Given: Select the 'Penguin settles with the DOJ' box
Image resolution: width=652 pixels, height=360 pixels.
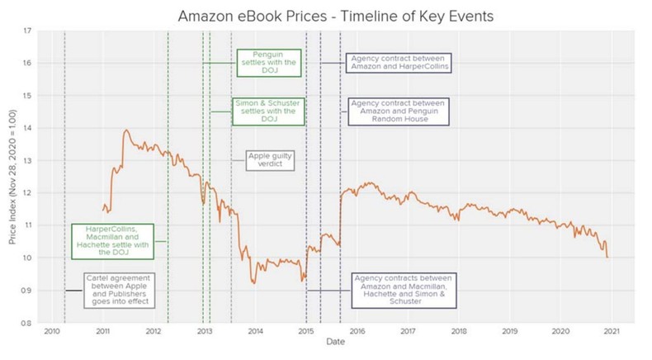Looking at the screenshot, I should pyautogui.click(x=268, y=63).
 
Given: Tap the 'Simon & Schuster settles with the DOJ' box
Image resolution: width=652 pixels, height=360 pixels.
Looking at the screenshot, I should pyautogui.click(x=267, y=111).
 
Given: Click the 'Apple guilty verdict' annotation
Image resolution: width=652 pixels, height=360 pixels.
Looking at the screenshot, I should pyautogui.click(x=272, y=159).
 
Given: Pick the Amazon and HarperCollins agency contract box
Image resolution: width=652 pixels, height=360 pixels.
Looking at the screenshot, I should pyautogui.click(x=398, y=63).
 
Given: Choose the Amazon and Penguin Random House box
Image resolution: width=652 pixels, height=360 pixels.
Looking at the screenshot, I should pyautogui.click(x=398, y=111).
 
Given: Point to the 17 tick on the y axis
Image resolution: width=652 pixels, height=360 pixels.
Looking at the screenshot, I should pyautogui.click(x=29, y=31).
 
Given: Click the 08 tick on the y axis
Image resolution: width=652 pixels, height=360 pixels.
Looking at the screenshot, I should pyautogui.click(x=29, y=323).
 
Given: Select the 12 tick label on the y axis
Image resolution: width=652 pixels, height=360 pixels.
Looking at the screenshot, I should pyautogui.click(x=29, y=193).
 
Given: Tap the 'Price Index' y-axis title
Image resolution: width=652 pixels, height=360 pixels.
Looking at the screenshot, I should pyautogui.click(x=12, y=177).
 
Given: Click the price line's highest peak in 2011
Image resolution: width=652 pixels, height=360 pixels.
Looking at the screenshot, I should pyautogui.click(x=126, y=130).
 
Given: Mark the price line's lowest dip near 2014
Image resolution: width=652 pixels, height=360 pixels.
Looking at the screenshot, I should pyautogui.click(x=253, y=283).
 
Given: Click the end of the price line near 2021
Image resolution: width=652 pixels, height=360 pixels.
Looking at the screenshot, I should pyautogui.click(x=607, y=257).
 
